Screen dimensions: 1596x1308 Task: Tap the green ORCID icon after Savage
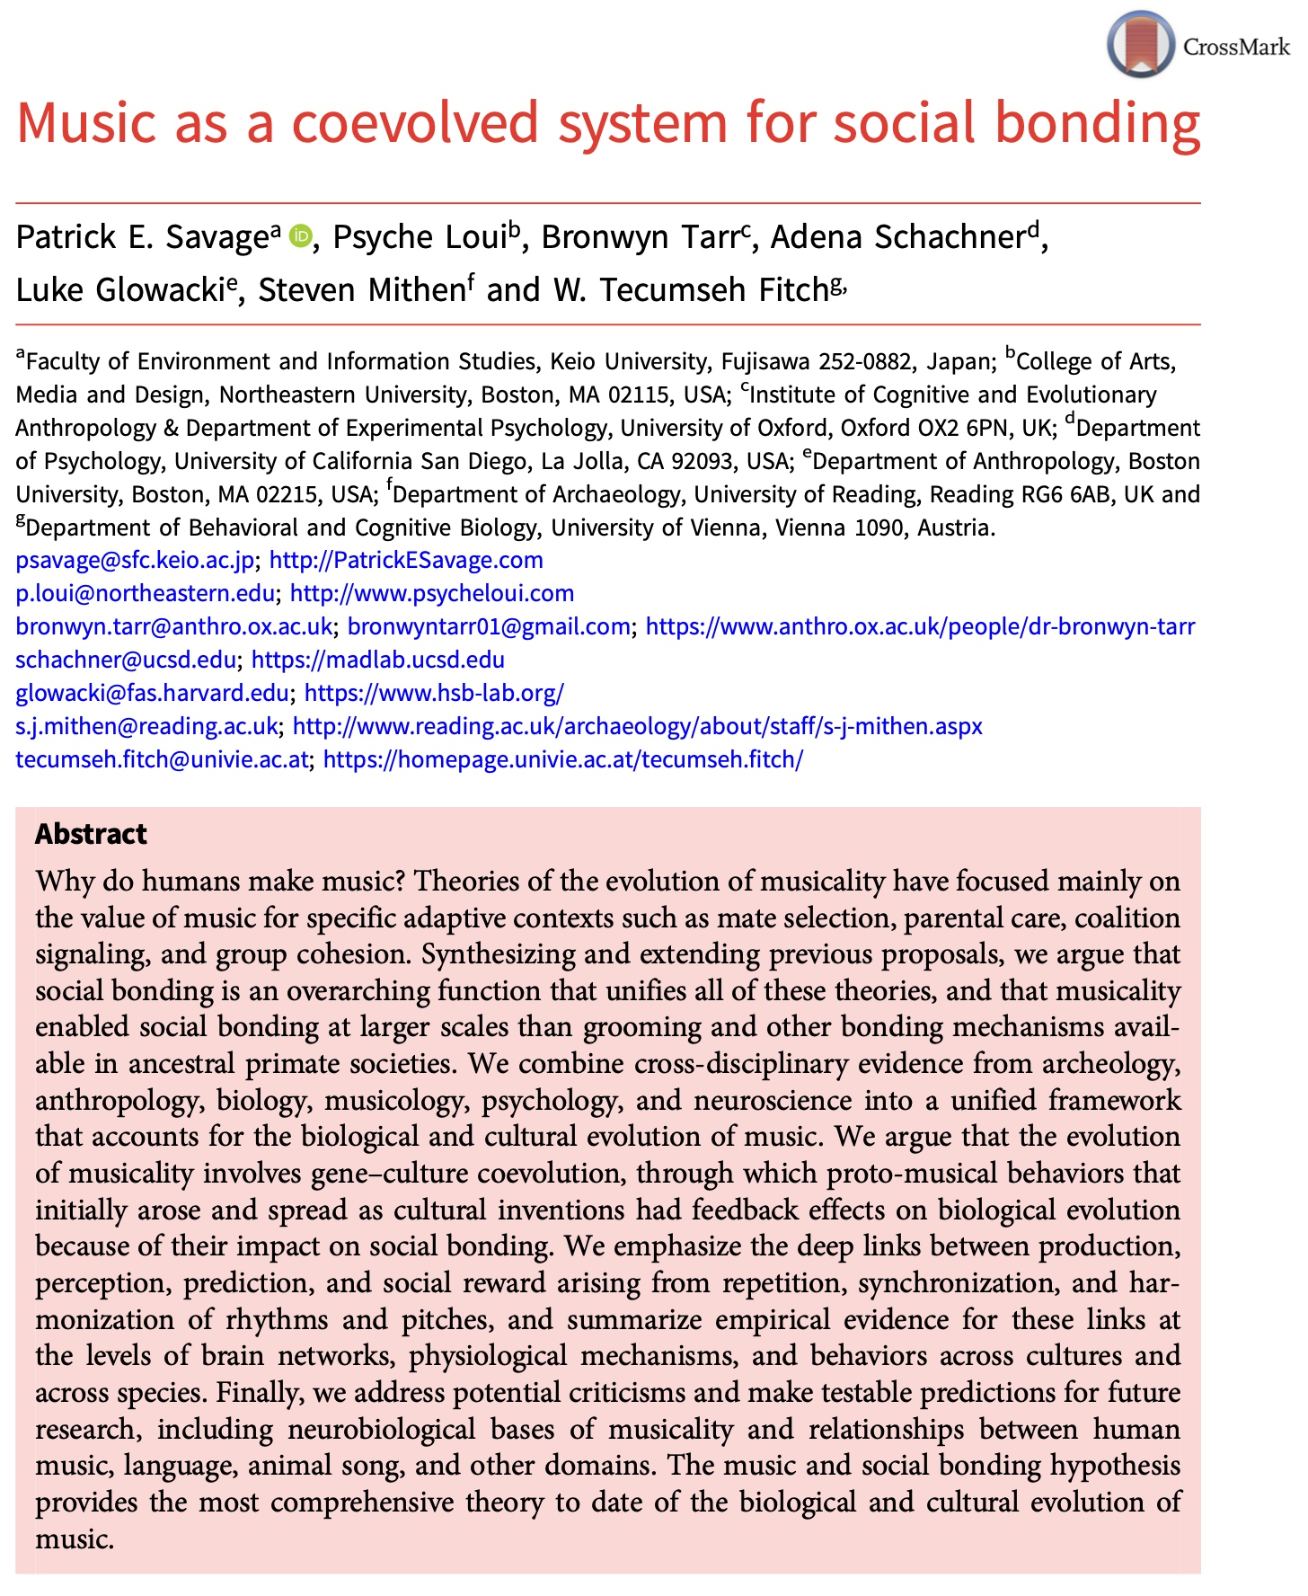pos(300,236)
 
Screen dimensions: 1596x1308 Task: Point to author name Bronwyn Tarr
pos(640,237)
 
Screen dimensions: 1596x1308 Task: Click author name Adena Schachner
pos(897,237)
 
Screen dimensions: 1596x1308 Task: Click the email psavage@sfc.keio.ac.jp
pos(135,560)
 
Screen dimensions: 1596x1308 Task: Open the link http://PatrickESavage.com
pos(406,560)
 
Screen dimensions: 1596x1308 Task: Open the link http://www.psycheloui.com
pos(432,593)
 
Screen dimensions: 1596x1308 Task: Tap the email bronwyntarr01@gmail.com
pos(489,626)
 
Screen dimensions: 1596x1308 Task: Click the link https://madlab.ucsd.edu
pos(377,660)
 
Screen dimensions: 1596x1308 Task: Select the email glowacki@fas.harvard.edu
pos(152,693)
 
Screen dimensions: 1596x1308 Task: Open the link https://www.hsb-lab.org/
pos(434,693)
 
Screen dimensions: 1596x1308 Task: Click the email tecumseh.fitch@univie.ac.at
pos(162,759)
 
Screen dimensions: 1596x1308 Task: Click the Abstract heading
pos(91,834)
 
